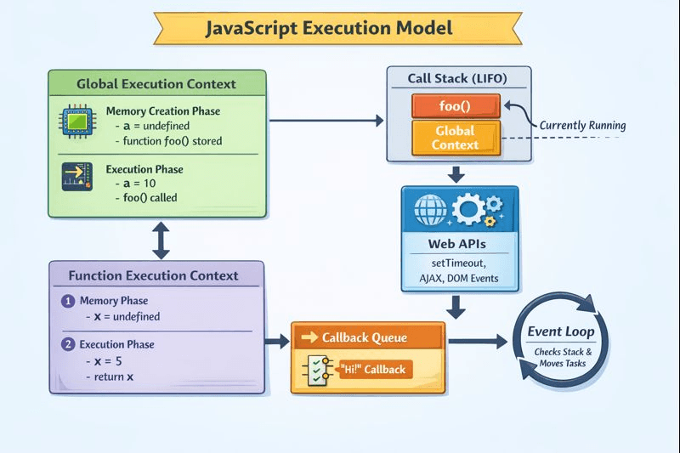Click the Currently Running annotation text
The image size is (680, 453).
pos(582,125)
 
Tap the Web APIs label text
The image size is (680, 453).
pos(458,244)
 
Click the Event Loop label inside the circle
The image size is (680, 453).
pos(560,331)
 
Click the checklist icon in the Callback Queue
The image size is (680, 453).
pos(317,370)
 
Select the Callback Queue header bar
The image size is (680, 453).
pos(367,337)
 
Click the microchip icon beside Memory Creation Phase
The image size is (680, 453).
pos(73,122)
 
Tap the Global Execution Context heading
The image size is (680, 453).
pos(156,84)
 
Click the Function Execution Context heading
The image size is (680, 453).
pos(154,275)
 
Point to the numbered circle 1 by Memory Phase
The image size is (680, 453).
pos(68,301)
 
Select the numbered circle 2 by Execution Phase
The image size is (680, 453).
pos(68,345)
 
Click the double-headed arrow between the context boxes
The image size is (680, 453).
pos(159,241)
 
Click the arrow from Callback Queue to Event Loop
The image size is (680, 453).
pos(478,342)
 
